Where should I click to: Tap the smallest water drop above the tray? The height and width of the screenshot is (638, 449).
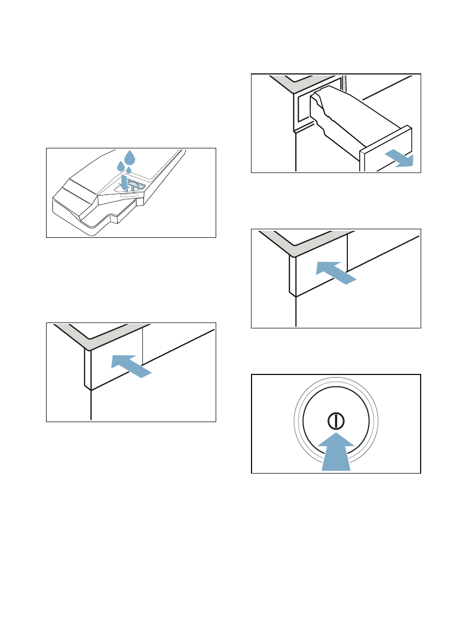[128, 170]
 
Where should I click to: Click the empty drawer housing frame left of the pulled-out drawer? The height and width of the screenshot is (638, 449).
[300, 110]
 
